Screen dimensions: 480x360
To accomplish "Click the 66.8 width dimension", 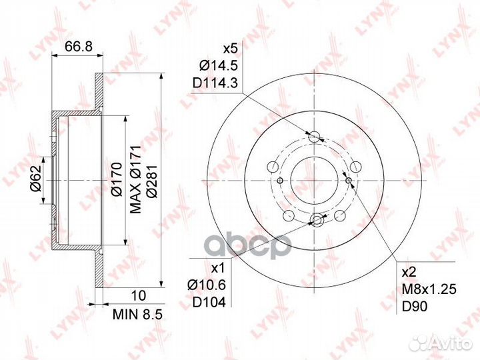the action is [x=79, y=47].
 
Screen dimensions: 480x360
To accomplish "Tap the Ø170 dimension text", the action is [x=117, y=179].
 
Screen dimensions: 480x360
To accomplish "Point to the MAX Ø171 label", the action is [x=135, y=179].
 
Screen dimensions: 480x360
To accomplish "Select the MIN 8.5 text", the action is [x=137, y=314].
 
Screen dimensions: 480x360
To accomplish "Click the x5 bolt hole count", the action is [x=231, y=49].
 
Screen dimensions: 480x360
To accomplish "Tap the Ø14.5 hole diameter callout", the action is [x=219, y=65].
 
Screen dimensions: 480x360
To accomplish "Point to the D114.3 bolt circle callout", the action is [x=215, y=83].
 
